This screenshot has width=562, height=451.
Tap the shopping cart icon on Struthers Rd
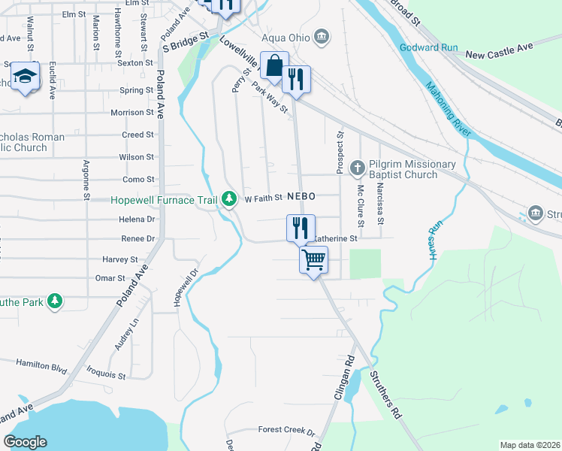coord(313,260)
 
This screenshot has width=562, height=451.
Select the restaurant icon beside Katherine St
coord(301,228)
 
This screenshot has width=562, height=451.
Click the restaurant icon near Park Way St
coord(297,79)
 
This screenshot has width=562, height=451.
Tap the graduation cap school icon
coord(25,77)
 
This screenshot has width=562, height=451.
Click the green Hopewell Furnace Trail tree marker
coord(228,199)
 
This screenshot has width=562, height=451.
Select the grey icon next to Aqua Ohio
coord(322,36)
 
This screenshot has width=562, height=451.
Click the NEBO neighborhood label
coord(299,195)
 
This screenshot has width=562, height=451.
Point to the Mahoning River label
coord(448,109)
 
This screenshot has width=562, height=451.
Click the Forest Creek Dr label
coord(286,431)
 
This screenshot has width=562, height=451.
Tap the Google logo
coord(25,442)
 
